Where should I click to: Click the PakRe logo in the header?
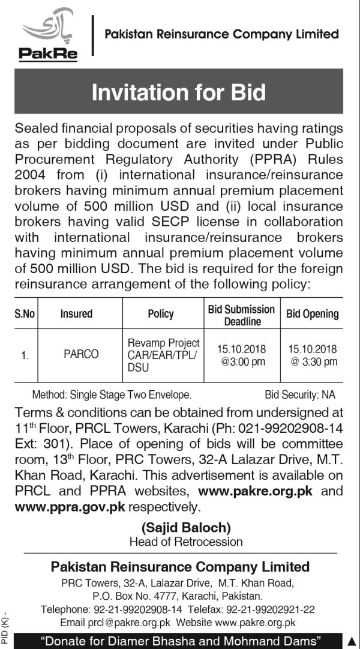pyautogui.click(x=47, y=35)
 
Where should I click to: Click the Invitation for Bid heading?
pyautogui.click(x=179, y=93)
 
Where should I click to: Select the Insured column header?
pyautogui.click(x=76, y=313)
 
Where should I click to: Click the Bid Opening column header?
pyautogui.click(x=312, y=313)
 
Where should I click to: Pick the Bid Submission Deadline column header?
pyautogui.click(x=241, y=315)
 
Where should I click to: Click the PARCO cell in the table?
pyautogui.click(x=81, y=354)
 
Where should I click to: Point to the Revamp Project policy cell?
pyautogui.click(x=163, y=354)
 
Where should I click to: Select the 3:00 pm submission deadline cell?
pyautogui.click(x=241, y=355)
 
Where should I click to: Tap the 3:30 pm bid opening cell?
pyautogui.click(x=312, y=355)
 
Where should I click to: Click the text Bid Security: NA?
pyautogui.click(x=300, y=394)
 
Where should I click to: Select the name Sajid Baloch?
pyautogui.click(x=186, y=528)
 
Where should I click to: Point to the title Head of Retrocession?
pyautogui.click(x=186, y=542)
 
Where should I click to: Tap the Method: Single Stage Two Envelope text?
pyautogui.click(x=112, y=394)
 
